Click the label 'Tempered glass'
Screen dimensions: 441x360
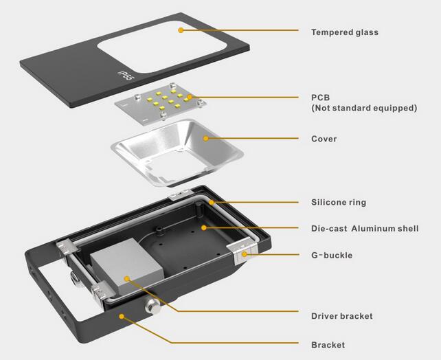click(345, 32)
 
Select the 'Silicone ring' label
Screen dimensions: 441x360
click(339, 202)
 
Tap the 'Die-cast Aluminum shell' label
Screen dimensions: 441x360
click(365, 228)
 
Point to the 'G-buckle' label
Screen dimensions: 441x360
click(332, 255)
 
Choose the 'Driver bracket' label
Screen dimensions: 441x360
click(341, 316)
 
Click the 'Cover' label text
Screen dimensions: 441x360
click(324, 139)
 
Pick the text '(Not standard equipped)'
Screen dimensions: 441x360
click(364, 108)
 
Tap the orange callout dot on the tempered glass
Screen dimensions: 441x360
click(181, 30)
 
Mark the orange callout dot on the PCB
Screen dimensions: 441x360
click(190, 97)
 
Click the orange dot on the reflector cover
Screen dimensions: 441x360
click(206, 138)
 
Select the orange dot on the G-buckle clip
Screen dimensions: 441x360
click(245, 254)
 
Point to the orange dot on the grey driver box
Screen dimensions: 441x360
click(127, 278)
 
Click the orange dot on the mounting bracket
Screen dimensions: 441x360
click(122, 316)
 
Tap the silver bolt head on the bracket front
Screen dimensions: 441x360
click(153, 306)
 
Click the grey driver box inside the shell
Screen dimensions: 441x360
click(126, 265)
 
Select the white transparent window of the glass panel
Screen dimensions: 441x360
click(161, 47)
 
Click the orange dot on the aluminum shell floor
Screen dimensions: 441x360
click(204, 227)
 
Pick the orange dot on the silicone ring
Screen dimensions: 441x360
click(211, 202)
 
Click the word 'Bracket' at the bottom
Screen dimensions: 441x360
click(328, 345)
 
